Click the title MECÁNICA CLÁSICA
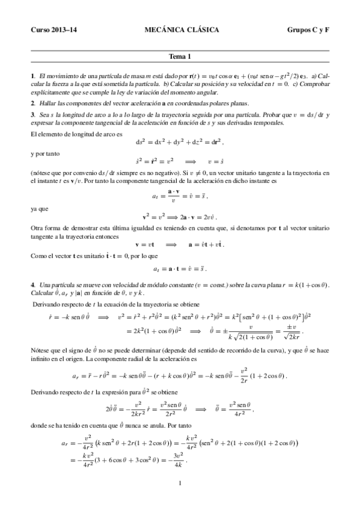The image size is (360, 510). click(182, 29)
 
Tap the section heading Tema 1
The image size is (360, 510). click(180, 57)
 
